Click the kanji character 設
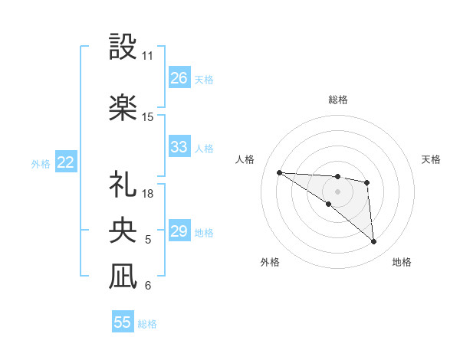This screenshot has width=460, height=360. (123, 47)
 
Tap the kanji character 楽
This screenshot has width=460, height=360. (123, 107)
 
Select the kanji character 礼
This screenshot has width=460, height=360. (123, 184)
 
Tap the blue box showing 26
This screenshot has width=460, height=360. (179, 78)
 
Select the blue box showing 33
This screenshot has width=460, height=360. (179, 147)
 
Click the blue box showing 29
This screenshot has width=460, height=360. (179, 231)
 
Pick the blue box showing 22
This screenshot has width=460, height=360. (66, 162)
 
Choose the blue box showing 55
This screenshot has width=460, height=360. (123, 322)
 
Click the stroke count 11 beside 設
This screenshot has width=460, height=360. (147, 56)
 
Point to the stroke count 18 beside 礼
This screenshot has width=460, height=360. (148, 194)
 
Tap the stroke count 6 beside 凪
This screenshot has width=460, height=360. (148, 286)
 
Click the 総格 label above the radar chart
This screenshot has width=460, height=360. (337, 100)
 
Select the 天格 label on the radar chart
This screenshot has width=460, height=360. (432, 159)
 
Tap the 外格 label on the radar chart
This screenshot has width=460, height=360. (270, 262)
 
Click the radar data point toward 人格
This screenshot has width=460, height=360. (279, 172)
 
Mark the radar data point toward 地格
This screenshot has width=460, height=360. (373, 242)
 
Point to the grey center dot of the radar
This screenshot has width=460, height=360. (337, 191)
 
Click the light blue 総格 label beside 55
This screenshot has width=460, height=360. (147, 324)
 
